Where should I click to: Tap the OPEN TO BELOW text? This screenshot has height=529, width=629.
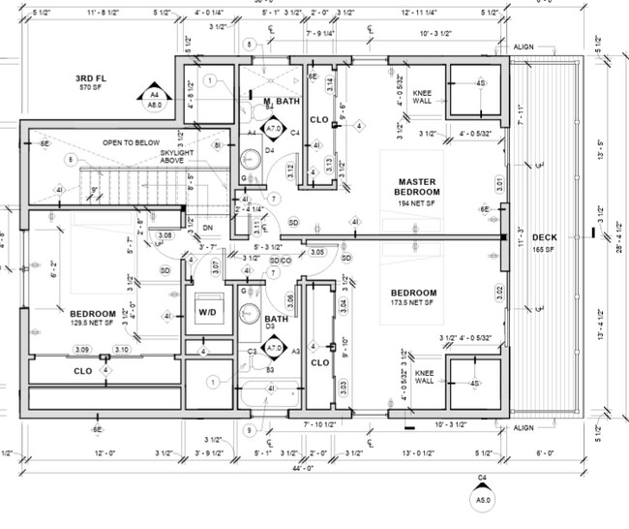pyautogui.click(x=132, y=142)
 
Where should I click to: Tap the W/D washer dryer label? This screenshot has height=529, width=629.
pyautogui.click(x=208, y=312)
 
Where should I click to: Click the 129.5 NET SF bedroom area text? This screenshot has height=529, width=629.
pyautogui.click(x=92, y=323)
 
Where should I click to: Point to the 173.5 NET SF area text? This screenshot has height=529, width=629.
pyautogui.click(x=413, y=303)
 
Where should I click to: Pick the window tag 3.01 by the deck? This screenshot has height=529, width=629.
pyautogui.click(x=500, y=180)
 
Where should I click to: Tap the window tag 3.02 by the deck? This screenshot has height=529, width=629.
pyautogui.click(x=500, y=290)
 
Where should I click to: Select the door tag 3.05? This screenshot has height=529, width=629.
pyautogui.click(x=317, y=252)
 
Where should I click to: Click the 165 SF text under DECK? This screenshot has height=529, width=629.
pyautogui.click(x=544, y=249)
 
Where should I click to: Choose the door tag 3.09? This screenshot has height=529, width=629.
pyautogui.click(x=82, y=349)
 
